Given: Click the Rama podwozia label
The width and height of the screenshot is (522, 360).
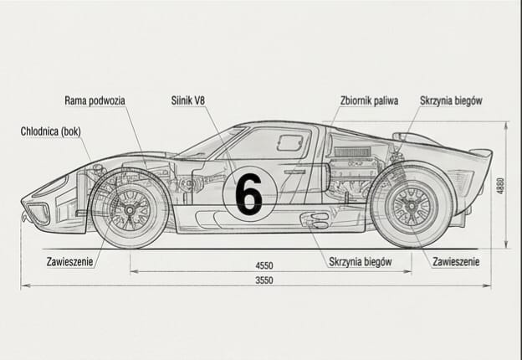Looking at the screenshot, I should coord(95,100).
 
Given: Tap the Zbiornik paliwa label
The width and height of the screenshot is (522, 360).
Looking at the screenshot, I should coord(369,100).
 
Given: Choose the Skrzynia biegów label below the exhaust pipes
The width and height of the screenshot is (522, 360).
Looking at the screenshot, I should coord(361,261).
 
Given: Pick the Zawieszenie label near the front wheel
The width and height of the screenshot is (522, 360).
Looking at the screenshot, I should coord(69,261).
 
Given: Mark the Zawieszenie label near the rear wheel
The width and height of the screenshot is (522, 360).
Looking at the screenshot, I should coord(456,261).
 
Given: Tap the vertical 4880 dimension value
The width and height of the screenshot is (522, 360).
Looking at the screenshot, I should coord(500,186).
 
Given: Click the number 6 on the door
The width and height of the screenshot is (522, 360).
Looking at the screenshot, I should coord(248,194).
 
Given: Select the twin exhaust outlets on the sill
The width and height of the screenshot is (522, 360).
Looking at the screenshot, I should coord(317,220).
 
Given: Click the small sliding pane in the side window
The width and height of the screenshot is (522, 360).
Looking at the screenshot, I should coord(289,142).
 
